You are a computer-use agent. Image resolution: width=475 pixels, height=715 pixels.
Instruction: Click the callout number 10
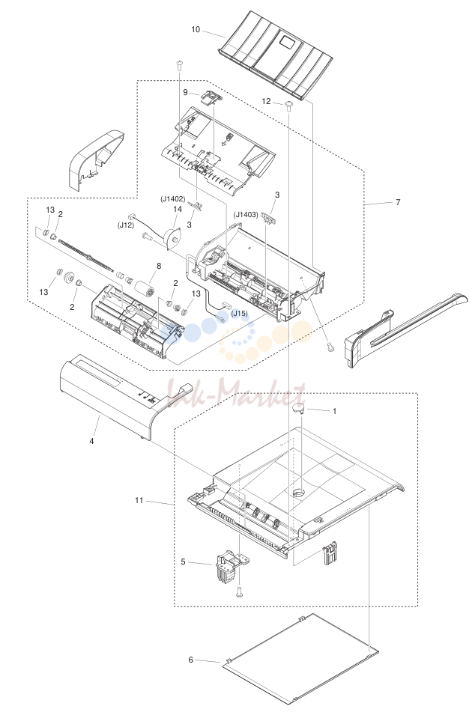tap(196, 30)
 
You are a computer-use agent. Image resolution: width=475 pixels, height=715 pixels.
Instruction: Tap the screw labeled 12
tap(289, 106)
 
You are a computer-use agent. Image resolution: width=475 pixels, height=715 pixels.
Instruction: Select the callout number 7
tap(398, 202)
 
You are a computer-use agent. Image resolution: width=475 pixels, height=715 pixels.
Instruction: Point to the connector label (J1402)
tap(172, 199)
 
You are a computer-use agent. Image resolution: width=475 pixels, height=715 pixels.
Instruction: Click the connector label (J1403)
tap(246, 214)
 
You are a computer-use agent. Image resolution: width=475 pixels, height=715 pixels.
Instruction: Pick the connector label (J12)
tap(125, 225)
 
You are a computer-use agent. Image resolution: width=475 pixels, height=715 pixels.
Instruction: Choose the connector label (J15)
tap(239, 313)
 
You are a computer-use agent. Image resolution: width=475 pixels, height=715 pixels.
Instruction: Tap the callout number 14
tap(178, 209)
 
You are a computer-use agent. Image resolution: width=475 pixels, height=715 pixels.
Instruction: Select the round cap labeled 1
tap(298, 409)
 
